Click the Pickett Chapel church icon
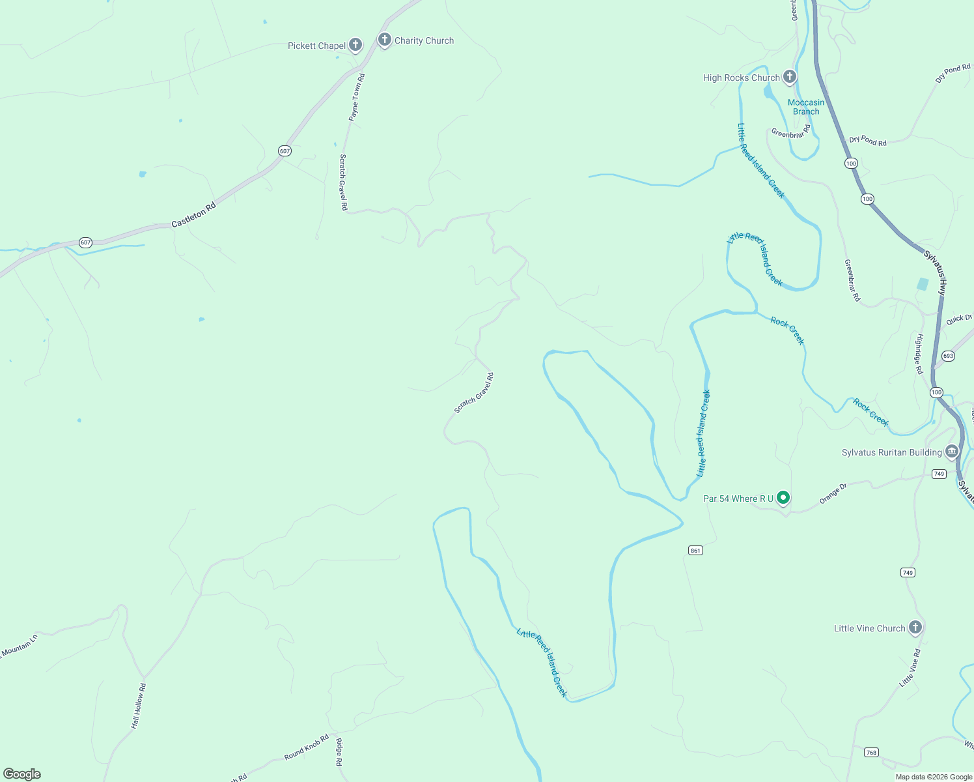point(355,45)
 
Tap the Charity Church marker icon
point(384,40)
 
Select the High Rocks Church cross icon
point(789,77)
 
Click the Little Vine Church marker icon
point(915,628)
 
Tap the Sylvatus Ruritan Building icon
point(952,452)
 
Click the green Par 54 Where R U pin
point(783,498)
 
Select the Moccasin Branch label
point(806,107)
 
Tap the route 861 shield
point(695,551)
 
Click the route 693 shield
point(948,356)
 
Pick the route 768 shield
point(871,753)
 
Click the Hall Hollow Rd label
point(138,706)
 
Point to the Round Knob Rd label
point(306,747)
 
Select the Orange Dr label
point(833,493)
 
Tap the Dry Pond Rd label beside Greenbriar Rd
point(867,141)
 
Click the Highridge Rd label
point(919,354)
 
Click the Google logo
point(22,774)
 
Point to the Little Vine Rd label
point(910,667)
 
